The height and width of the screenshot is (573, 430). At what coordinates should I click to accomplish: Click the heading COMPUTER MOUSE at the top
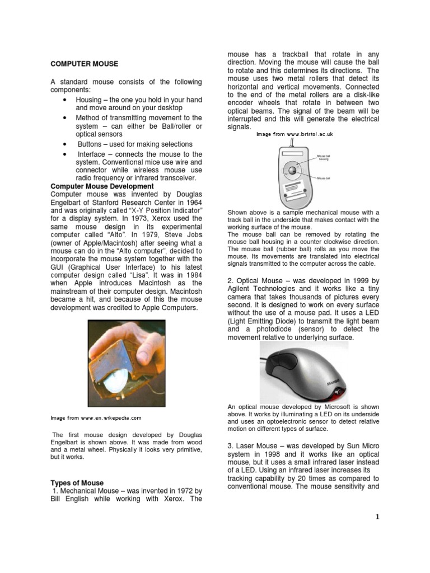pyautogui.click(x=84, y=64)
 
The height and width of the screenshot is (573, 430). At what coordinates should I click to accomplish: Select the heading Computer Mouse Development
pyautogui.click(x=102, y=186)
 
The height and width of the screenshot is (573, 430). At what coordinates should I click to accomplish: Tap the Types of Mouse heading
pyautogui.click(x=77, y=483)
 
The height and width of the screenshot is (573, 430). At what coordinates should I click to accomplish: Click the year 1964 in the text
pyautogui.click(x=191, y=201)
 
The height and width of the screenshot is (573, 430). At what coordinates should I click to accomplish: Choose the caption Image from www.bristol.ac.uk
pyautogui.click(x=295, y=135)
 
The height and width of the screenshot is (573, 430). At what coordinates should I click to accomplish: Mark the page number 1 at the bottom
pyautogui.click(x=377, y=517)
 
